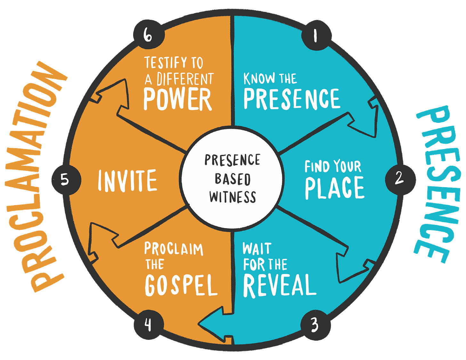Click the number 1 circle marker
pyautogui.click(x=316, y=36)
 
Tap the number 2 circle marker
pyautogui.click(x=399, y=178)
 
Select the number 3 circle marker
pyautogui.click(x=315, y=325)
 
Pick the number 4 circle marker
pyautogui.click(x=148, y=325)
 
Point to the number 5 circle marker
pyautogui.click(x=65, y=180)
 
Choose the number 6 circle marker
pyautogui.click(x=148, y=36)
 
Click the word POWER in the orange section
pyautogui.click(x=178, y=99)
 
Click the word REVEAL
pyautogui.click(x=279, y=285)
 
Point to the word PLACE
pyautogui.click(x=334, y=188)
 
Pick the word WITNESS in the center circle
pyautogui.click(x=233, y=196)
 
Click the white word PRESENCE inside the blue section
pyautogui.click(x=292, y=99)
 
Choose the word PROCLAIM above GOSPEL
pyautogui.click(x=174, y=249)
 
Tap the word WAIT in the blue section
pyautogui.click(x=257, y=249)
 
